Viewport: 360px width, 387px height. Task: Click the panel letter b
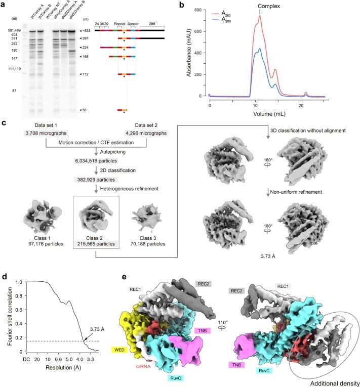pos(179,5)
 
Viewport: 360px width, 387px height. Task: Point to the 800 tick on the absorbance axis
pos(201,10)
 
